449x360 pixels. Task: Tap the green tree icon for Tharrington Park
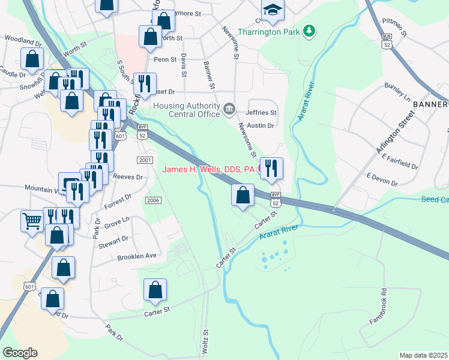click(x=309, y=30)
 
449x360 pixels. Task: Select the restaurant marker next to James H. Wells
click(x=272, y=169)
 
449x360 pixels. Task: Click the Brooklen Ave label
click(x=137, y=256)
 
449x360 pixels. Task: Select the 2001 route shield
click(x=145, y=160)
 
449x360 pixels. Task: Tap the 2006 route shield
click(x=153, y=200)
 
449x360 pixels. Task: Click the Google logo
click(x=20, y=353)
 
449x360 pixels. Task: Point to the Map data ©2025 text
click(x=424, y=355)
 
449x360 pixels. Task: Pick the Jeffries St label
click(x=261, y=112)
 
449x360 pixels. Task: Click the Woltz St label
click(x=205, y=340)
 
